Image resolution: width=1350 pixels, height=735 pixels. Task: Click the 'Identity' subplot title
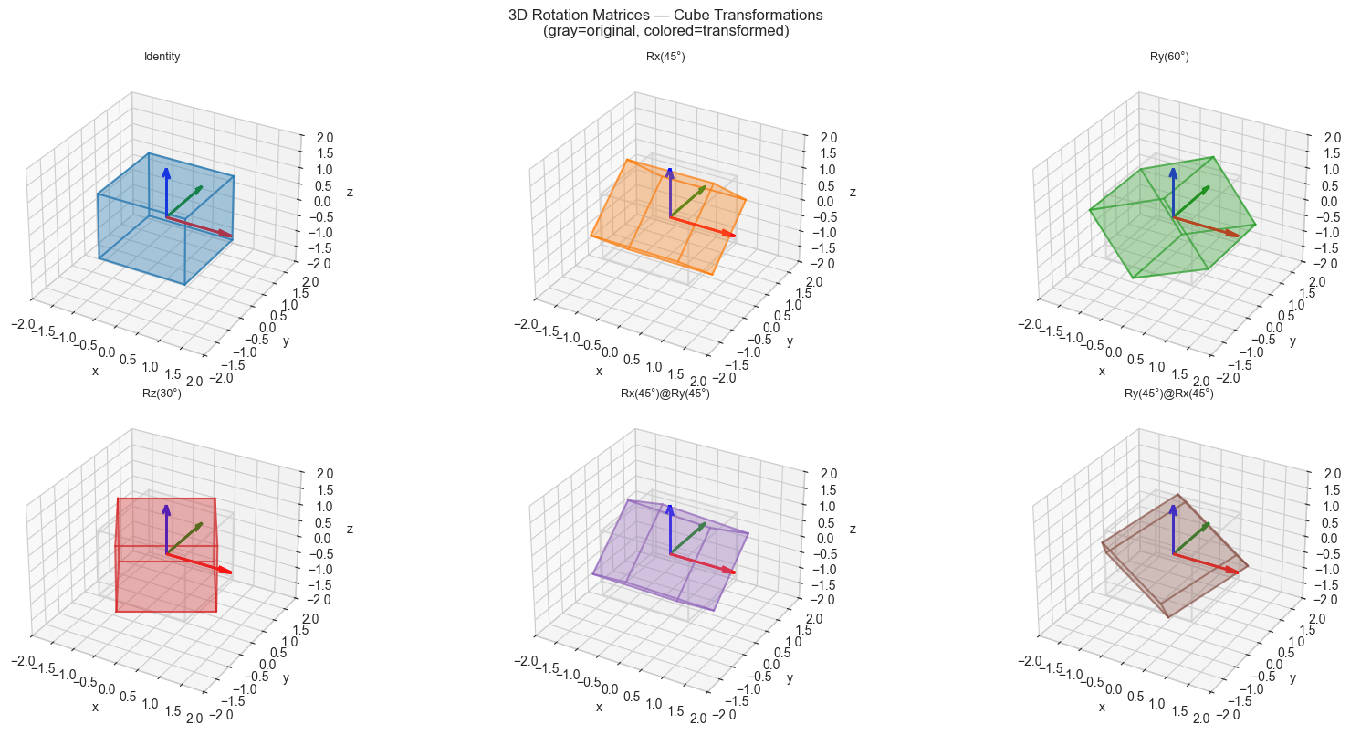tap(162, 58)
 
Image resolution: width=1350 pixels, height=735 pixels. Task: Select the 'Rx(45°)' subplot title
tap(665, 58)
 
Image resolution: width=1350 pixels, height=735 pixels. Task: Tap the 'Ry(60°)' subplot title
tap(1168, 58)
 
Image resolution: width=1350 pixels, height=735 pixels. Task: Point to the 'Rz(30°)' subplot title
tap(162, 394)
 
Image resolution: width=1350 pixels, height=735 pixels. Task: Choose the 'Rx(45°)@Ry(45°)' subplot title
tap(665, 394)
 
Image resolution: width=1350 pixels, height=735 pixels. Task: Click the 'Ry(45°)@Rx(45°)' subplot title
tap(1168, 394)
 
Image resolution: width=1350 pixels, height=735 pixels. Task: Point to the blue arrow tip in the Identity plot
tap(166, 171)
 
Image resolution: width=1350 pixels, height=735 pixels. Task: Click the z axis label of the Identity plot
tap(351, 193)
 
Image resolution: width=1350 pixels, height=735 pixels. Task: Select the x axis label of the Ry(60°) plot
tap(1102, 371)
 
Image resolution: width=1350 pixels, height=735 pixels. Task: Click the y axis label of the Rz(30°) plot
tap(286, 677)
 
